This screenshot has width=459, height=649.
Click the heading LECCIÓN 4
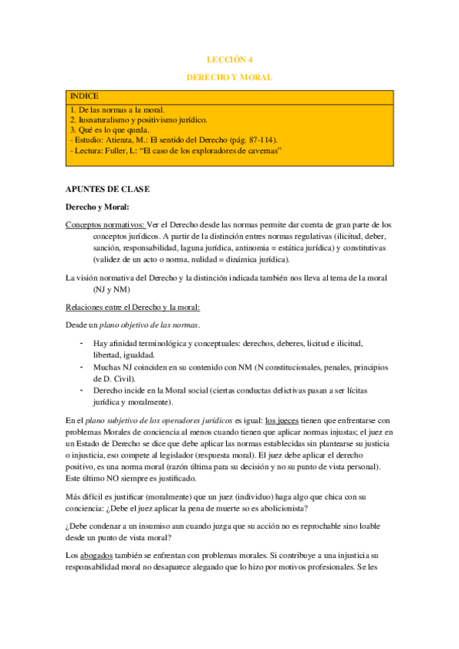[x=229, y=58]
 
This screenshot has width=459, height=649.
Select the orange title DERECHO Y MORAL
[x=229, y=77]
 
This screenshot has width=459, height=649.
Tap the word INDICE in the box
[x=84, y=96]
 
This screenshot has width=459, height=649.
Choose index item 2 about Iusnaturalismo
[x=138, y=120]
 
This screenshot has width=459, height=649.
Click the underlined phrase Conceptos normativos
[x=104, y=224]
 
